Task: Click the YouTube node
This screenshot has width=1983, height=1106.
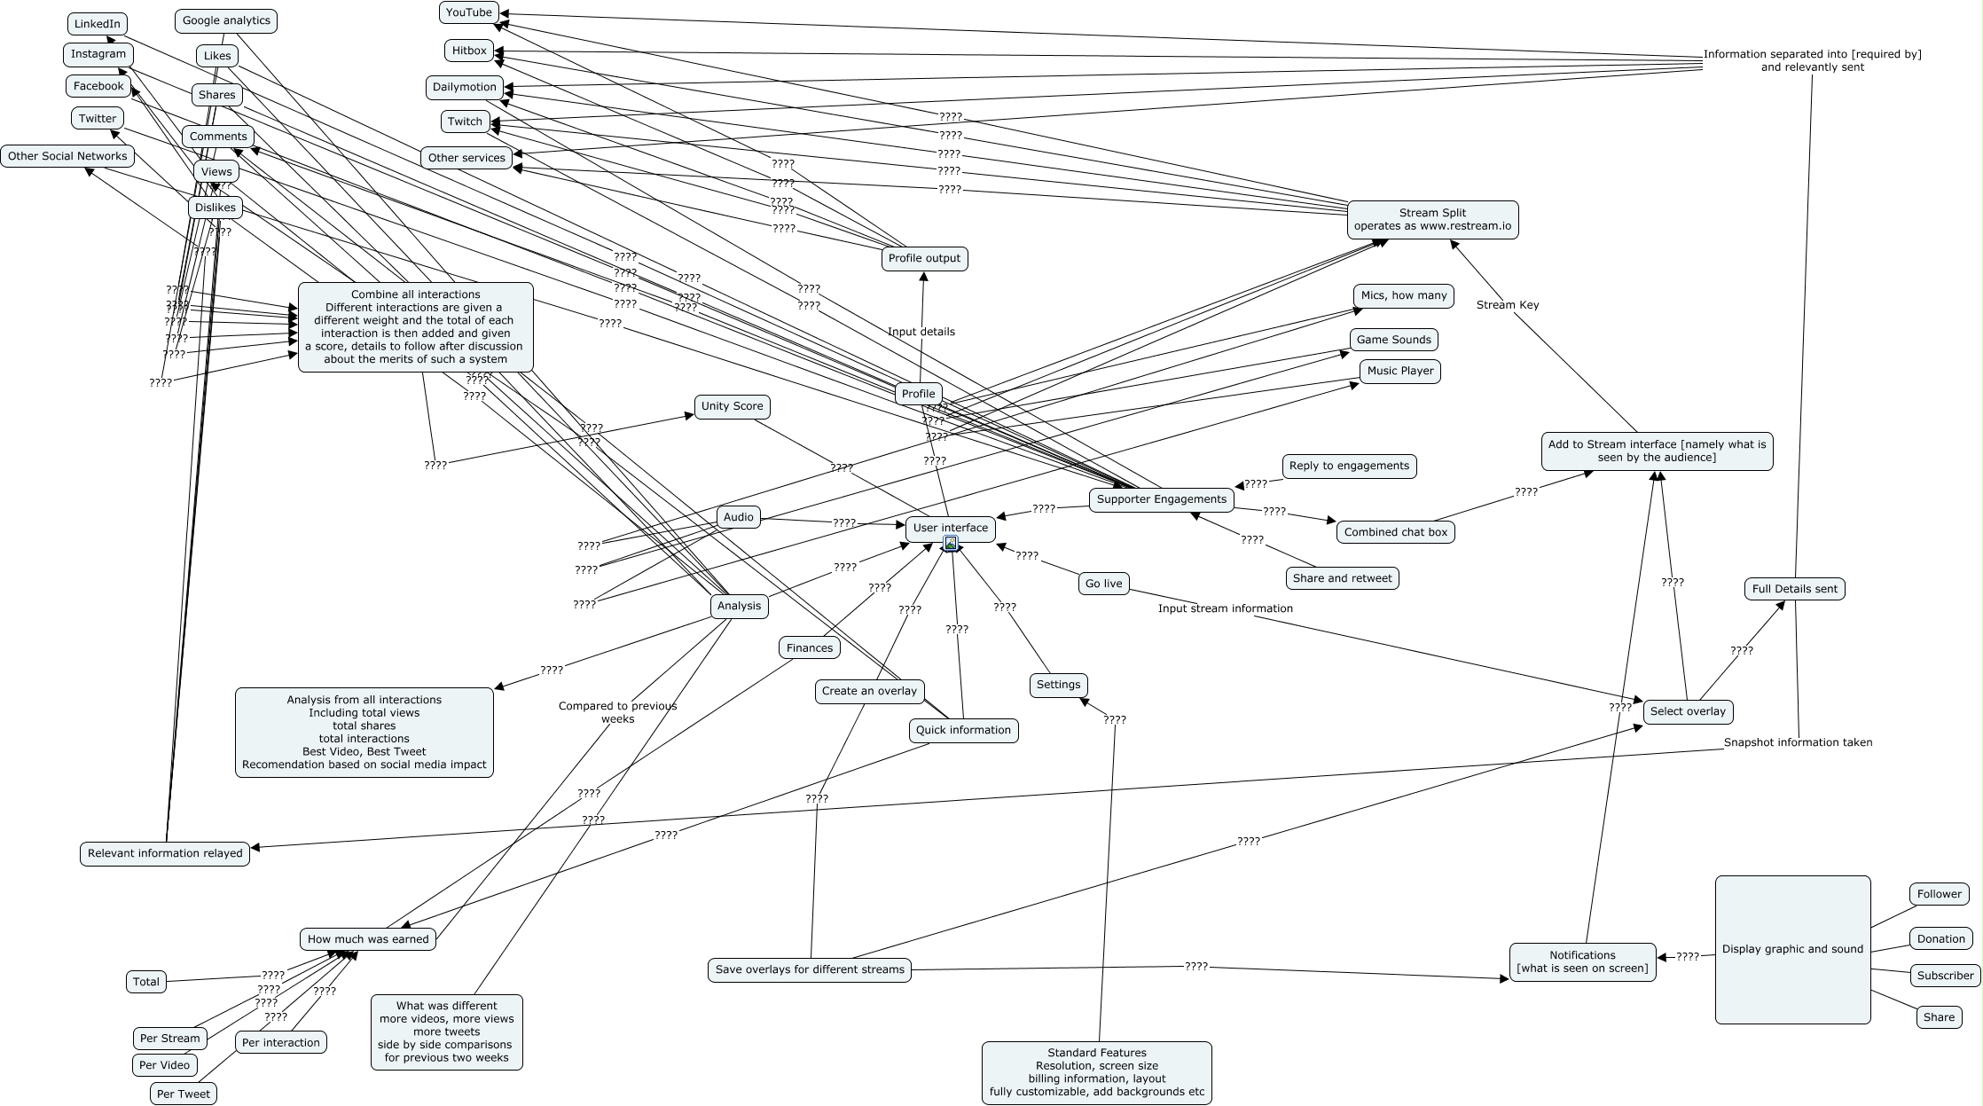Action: click(469, 12)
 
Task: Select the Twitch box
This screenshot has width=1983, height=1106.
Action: click(465, 122)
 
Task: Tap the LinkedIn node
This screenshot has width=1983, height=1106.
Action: click(97, 24)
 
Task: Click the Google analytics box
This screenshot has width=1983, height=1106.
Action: click(226, 20)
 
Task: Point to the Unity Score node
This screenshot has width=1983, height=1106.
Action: click(732, 406)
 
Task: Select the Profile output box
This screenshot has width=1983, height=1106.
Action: click(924, 258)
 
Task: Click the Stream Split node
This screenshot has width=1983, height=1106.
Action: click(1432, 219)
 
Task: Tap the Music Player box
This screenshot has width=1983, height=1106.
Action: click(1400, 371)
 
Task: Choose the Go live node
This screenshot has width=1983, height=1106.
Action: click(1103, 584)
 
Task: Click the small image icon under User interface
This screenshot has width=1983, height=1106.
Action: click(951, 543)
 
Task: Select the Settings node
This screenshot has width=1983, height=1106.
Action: click(1058, 685)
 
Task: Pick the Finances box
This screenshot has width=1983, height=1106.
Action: click(810, 647)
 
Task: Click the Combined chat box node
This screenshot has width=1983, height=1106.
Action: click(1395, 532)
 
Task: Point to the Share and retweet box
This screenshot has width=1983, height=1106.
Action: click(1342, 578)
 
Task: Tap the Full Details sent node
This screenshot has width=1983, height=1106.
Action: click(1795, 589)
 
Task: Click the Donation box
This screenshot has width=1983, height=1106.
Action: click(1940, 938)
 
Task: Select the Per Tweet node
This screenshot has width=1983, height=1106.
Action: click(184, 1094)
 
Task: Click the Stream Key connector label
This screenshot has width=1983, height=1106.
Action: click(1508, 305)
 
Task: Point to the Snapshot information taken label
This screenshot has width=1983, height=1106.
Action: click(1798, 742)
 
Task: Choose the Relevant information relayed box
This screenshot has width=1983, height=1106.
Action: click(165, 853)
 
